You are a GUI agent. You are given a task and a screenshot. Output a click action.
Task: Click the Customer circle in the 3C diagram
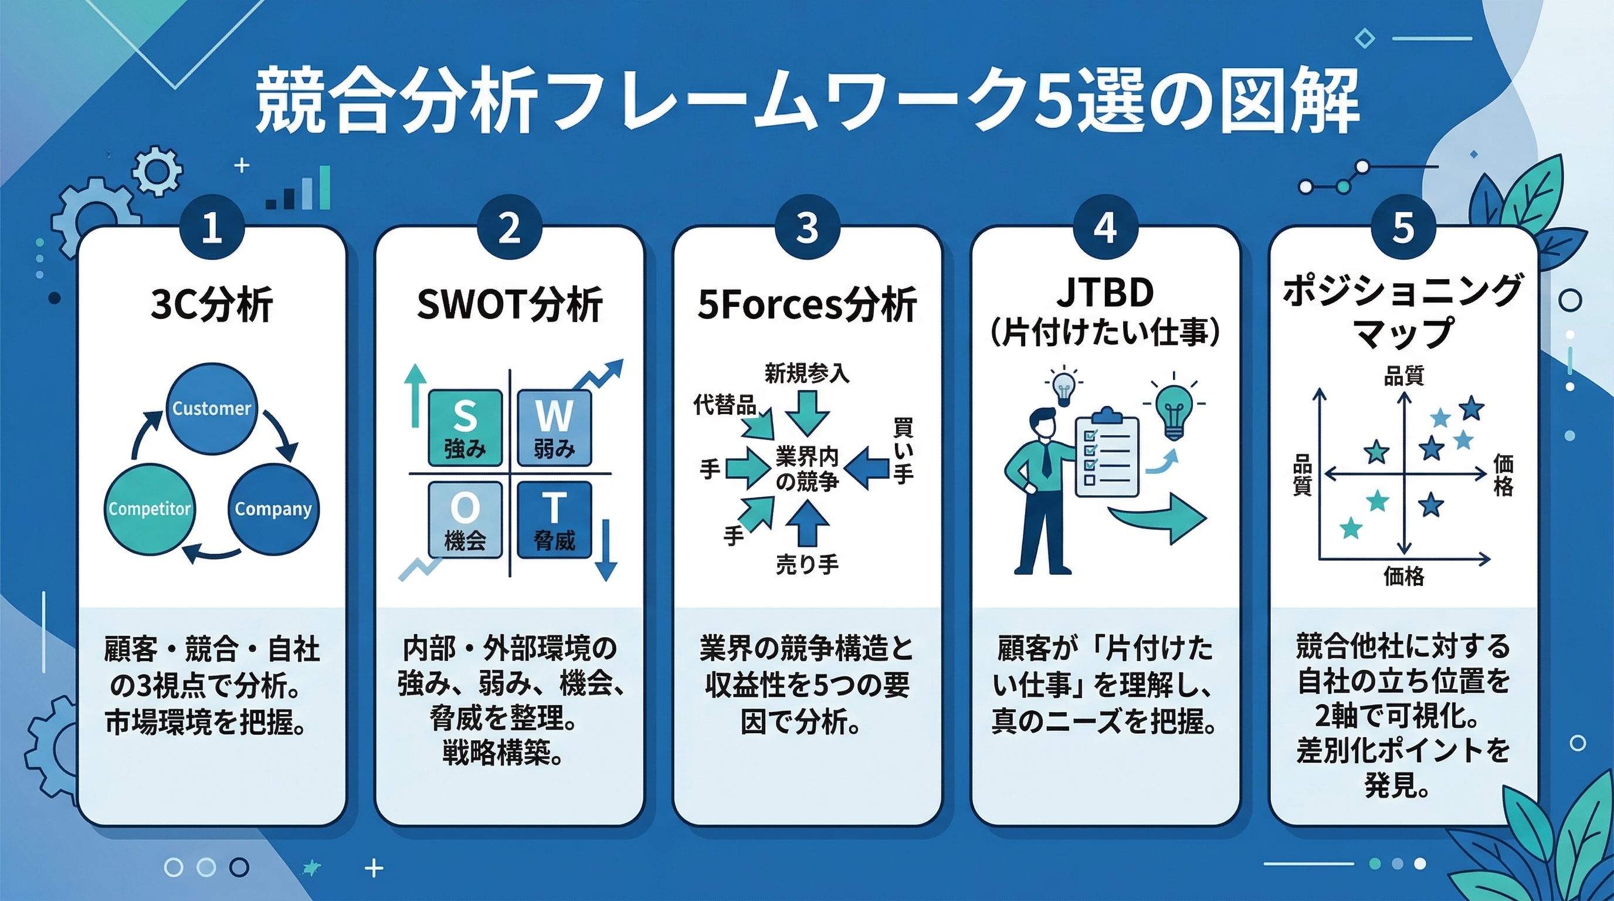coord(212,408)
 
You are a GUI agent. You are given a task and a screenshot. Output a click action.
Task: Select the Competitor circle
coord(149,508)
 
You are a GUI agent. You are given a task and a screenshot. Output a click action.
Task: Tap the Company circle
coord(273,508)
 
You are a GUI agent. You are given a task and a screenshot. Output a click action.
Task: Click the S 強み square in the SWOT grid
coord(465,427)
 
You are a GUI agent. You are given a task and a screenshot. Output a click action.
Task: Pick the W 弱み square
coord(554,427)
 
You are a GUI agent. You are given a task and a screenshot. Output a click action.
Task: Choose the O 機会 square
coord(465,519)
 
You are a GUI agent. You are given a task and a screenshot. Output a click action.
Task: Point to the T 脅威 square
coord(554,519)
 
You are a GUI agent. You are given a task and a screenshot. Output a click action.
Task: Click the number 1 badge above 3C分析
coord(212,227)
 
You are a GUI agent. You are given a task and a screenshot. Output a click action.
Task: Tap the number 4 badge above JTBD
coord(1106,227)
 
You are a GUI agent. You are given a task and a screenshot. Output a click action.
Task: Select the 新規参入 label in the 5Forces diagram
coord(807,374)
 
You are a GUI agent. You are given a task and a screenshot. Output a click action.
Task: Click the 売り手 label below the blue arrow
coord(807,564)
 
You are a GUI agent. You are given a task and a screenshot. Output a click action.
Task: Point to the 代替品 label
coord(725,405)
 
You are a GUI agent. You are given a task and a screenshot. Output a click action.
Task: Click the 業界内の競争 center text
coord(807,469)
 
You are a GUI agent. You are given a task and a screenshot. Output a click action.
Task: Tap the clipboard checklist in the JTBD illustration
coord(1107,454)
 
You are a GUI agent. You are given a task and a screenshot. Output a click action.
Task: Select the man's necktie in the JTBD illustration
coord(1046,460)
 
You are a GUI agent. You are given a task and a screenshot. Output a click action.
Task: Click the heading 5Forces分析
coord(807,304)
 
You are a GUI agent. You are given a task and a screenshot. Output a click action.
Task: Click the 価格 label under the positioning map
coord(1403,575)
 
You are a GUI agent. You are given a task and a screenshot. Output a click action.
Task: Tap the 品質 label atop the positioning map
coord(1403,376)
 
